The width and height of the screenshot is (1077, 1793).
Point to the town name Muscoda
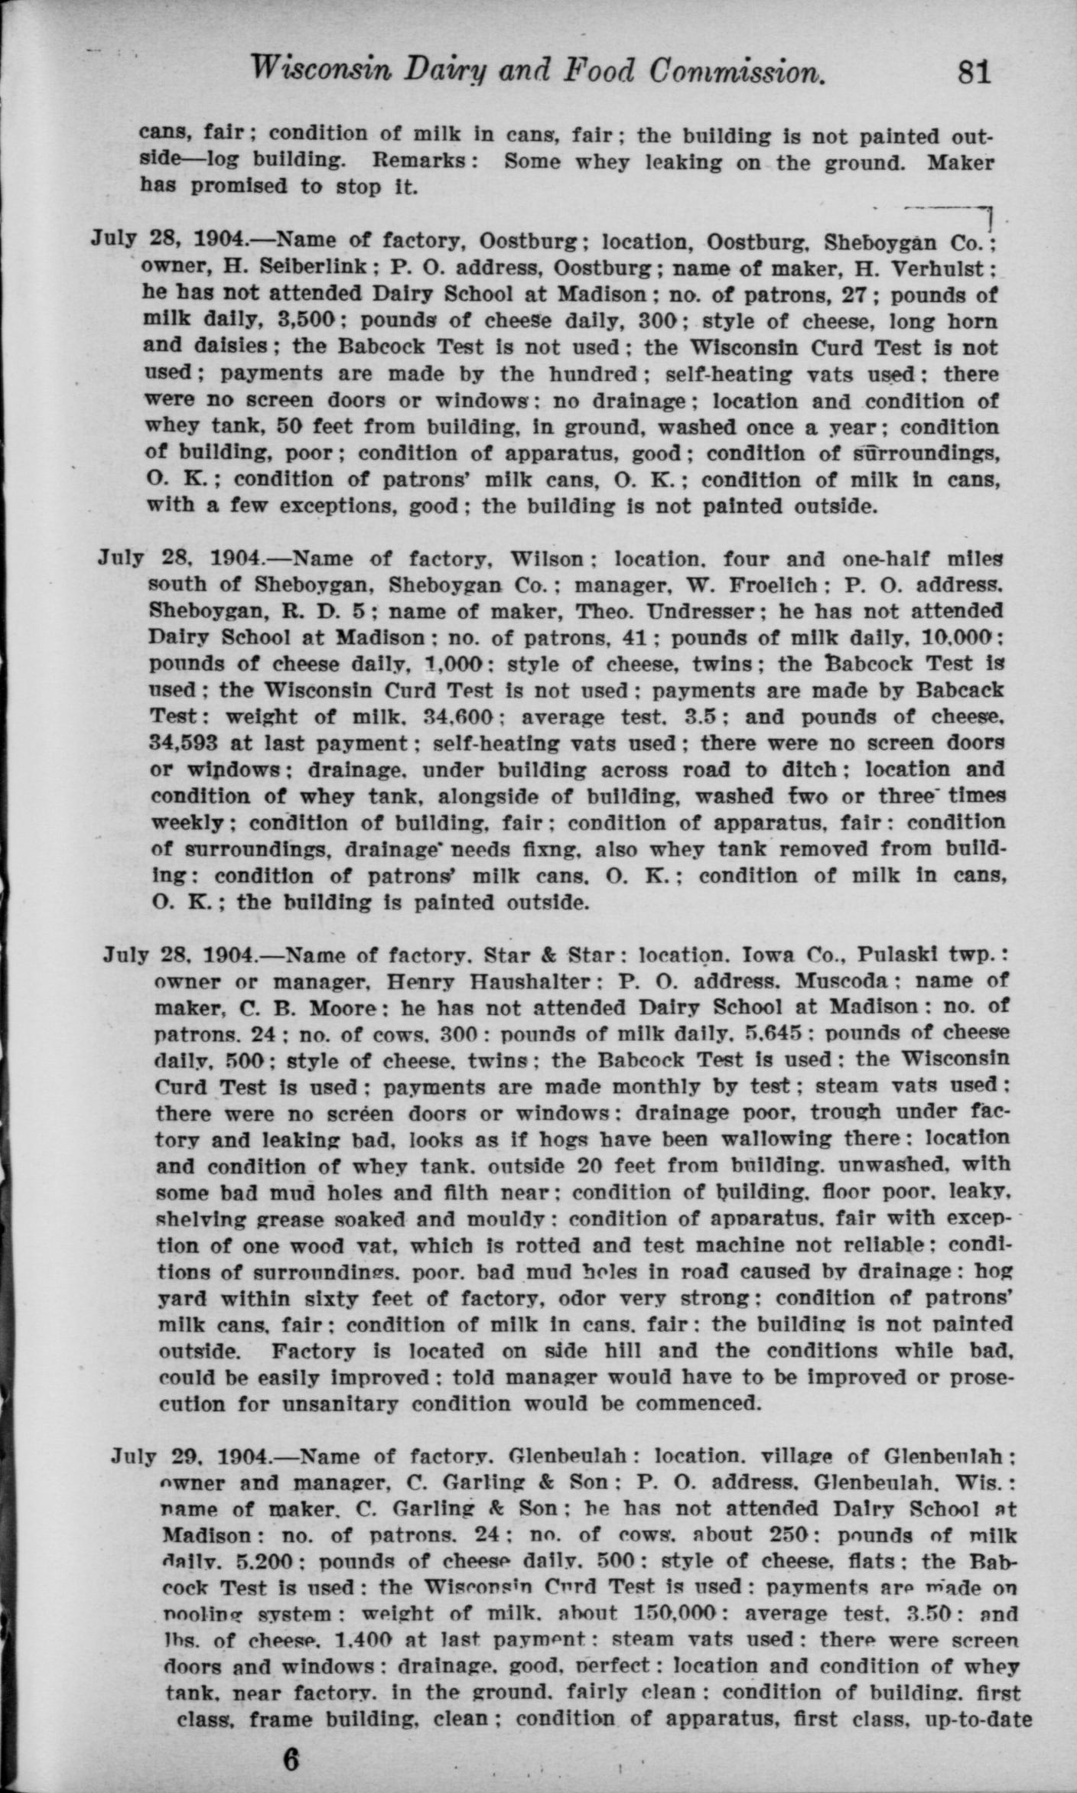click(x=841, y=981)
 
